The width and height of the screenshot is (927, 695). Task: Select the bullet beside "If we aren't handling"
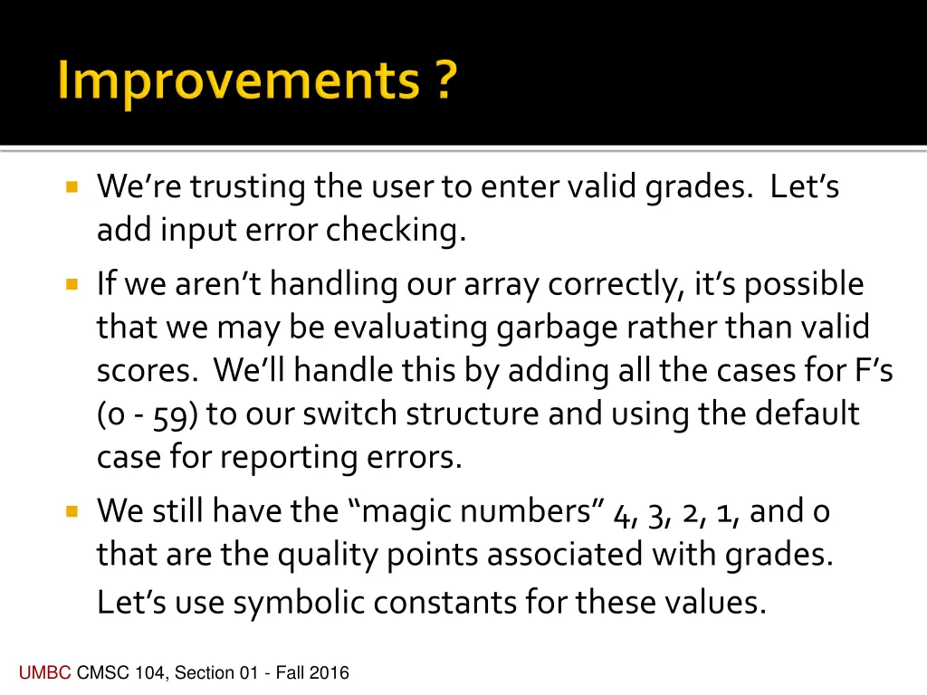(x=72, y=285)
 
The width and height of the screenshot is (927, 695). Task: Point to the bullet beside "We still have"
(x=72, y=511)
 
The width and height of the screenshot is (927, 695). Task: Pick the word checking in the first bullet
(x=396, y=232)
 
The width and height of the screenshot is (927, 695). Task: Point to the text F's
(x=873, y=371)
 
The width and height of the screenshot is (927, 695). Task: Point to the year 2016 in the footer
(x=329, y=672)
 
